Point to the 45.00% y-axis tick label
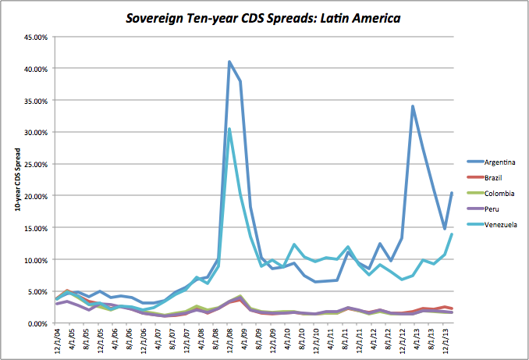[x=37, y=37]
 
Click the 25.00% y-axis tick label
[x=37, y=164]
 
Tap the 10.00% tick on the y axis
[x=37, y=259]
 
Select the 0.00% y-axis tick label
[x=38, y=323]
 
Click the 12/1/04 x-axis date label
[x=56, y=341]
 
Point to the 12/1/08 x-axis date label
[x=229, y=341]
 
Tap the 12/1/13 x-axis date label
[x=446, y=341]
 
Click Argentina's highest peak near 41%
[x=229, y=62]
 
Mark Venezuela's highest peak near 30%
[x=229, y=129]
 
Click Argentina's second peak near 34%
[x=412, y=106]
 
